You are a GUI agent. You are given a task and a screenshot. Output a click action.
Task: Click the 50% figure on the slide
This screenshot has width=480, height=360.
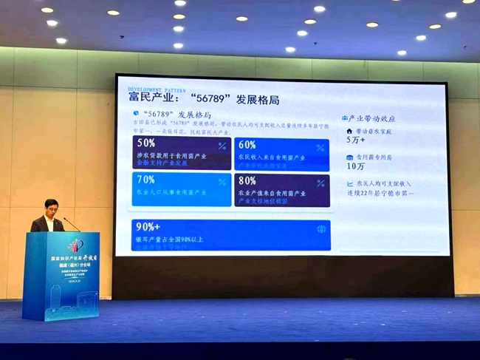(x=146, y=143)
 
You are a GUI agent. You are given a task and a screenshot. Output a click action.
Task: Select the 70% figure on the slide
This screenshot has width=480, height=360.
(x=145, y=180)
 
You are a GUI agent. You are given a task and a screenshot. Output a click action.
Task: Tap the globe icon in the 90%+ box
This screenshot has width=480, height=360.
(x=321, y=229)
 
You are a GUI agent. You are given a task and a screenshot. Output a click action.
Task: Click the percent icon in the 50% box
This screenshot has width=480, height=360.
(x=222, y=146)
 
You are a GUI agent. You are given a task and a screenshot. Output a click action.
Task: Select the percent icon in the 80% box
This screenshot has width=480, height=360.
(x=320, y=183)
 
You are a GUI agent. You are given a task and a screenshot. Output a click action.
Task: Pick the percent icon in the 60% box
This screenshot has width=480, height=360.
(x=320, y=147)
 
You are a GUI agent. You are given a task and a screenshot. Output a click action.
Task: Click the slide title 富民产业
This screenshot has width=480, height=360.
(x=154, y=99)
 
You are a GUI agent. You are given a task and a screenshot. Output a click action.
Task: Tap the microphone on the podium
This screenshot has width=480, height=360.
(x=71, y=223)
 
